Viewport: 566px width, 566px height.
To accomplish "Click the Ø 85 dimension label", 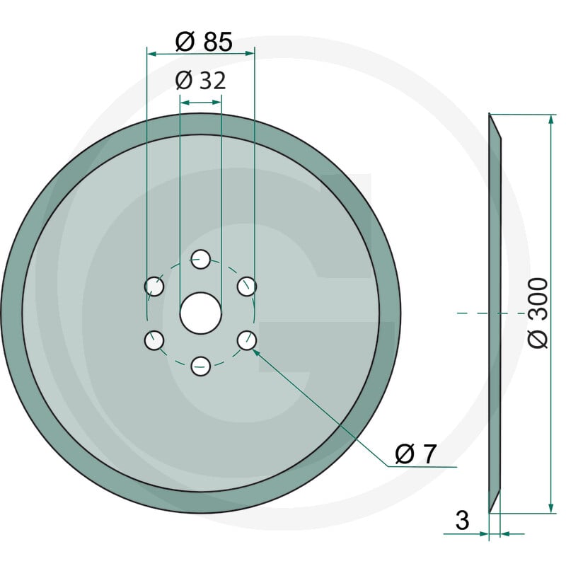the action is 204,42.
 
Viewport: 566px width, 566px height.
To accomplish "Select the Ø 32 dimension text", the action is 201,81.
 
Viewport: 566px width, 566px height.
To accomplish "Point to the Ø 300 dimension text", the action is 538,313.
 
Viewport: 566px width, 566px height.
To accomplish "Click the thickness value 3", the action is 463,520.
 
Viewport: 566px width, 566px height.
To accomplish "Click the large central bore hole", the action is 200,313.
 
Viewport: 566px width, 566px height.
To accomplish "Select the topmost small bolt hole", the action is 200,259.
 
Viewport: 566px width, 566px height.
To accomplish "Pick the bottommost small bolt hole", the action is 200,366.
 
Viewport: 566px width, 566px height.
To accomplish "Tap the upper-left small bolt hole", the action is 154,287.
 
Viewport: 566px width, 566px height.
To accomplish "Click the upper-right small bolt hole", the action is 247,287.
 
